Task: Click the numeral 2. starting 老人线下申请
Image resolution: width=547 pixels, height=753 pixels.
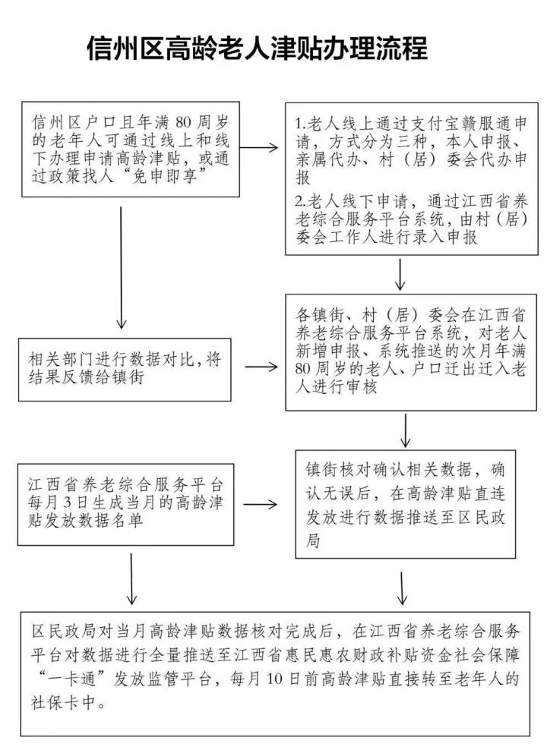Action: point(299,202)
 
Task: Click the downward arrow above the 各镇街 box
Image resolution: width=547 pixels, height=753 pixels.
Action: point(400,274)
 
